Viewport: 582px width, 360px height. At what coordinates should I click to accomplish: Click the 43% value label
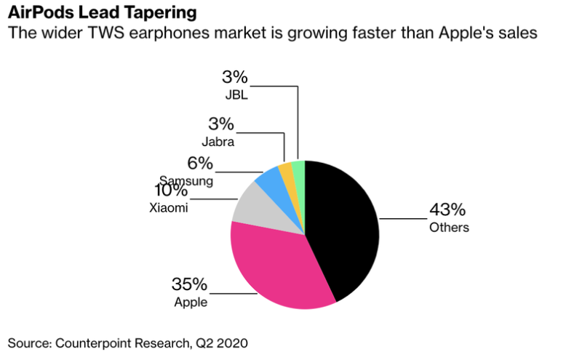(x=447, y=210)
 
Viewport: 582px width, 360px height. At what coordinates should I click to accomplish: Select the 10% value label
(x=170, y=191)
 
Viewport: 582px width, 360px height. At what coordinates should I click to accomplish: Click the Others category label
(x=449, y=228)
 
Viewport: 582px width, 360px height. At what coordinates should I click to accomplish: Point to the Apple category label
(x=190, y=302)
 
